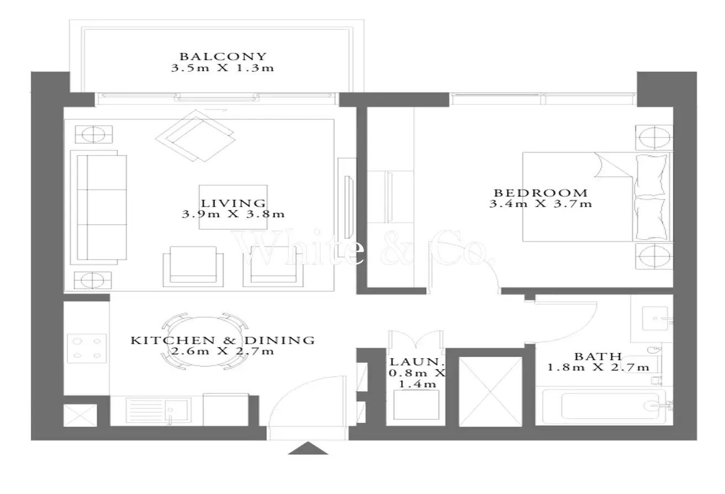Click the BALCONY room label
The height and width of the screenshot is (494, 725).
pyautogui.click(x=223, y=57)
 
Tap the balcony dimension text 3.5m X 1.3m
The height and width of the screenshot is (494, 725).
pyautogui.click(x=223, y=68)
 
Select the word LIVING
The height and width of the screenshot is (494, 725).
pyautogui.click(x=233, y=203)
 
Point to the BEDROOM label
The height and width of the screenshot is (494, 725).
pyautogui.click(x=541, y=193)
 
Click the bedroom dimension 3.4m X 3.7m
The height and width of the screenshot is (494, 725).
pyautogui.click(x=540, y=203)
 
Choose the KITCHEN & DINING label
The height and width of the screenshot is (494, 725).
pyautogui.click(x=223, y=340)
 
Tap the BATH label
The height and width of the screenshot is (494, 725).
pyautogui.click(x=598, y=357)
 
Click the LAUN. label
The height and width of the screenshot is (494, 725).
pyautogui.click(x=416, y=362)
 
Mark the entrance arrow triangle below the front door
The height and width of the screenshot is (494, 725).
pyautogui.click(x=308, y=448)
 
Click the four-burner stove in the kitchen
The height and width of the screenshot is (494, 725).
pyautogui.click(x=87, y=348)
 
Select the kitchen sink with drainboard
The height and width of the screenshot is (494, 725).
pyautogui.click(x=158, y=411)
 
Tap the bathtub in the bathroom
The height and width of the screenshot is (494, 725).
pyautogui.click(x=604, y=406)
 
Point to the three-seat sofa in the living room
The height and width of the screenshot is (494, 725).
pyautogui.click(x=98, y=208)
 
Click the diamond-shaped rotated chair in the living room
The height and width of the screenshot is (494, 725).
pyautogui.click(x=196, y=135)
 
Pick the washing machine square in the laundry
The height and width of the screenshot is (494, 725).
pyautogui.click(x=416, y=404)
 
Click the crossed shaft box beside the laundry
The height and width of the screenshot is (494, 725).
pyautogui.click(x=490, y=392)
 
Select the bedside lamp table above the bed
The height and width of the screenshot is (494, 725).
pyautogui.click(x=654, y=138)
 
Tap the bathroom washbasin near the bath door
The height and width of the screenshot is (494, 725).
pyautogui.click(x=655, y=318)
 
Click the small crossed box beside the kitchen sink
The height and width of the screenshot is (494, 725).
pyautogui.click(x=80, y=416)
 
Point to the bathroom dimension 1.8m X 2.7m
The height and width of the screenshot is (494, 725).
pyautogui.click(x=598, y=367)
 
